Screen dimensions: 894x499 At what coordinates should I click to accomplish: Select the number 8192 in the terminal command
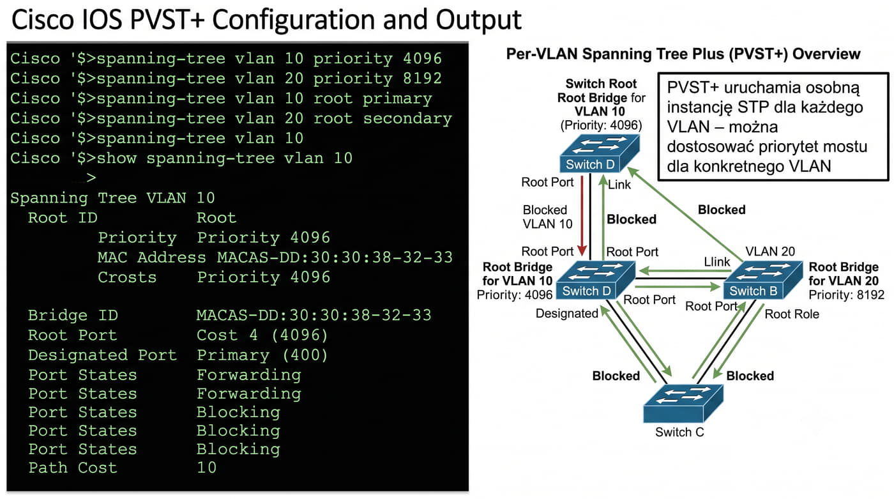[422, 78]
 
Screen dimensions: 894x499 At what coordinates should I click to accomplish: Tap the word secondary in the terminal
[407, 118]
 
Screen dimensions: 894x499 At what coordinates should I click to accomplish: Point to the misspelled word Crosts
[127, 277]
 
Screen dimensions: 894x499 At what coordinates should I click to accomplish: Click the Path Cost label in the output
[73, 468]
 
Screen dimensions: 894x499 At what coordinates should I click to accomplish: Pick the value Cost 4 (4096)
[262, 335]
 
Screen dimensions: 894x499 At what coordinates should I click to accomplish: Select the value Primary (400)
[262, 355]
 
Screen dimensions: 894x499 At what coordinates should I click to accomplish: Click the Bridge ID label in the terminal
[73, 316]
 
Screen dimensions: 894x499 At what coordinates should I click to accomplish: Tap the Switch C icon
[683, 403]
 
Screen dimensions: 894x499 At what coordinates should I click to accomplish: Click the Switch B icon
[762, 280]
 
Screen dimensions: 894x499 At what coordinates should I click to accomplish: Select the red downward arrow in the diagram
[582, 215]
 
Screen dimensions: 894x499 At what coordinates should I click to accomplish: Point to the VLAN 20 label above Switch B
[770, 251]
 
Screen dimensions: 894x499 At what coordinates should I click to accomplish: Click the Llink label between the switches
[716, 261]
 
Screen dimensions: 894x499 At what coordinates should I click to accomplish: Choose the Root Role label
[792, 314]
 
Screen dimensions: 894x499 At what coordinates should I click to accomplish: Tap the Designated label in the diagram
[567, 313]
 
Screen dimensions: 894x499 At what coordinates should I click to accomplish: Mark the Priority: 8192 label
[847, 295]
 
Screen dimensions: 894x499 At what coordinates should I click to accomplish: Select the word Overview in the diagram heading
[826, 54]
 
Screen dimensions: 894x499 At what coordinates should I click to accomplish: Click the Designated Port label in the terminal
[103, 355]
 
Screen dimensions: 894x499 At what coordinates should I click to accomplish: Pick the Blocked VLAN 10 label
[547, 217]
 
